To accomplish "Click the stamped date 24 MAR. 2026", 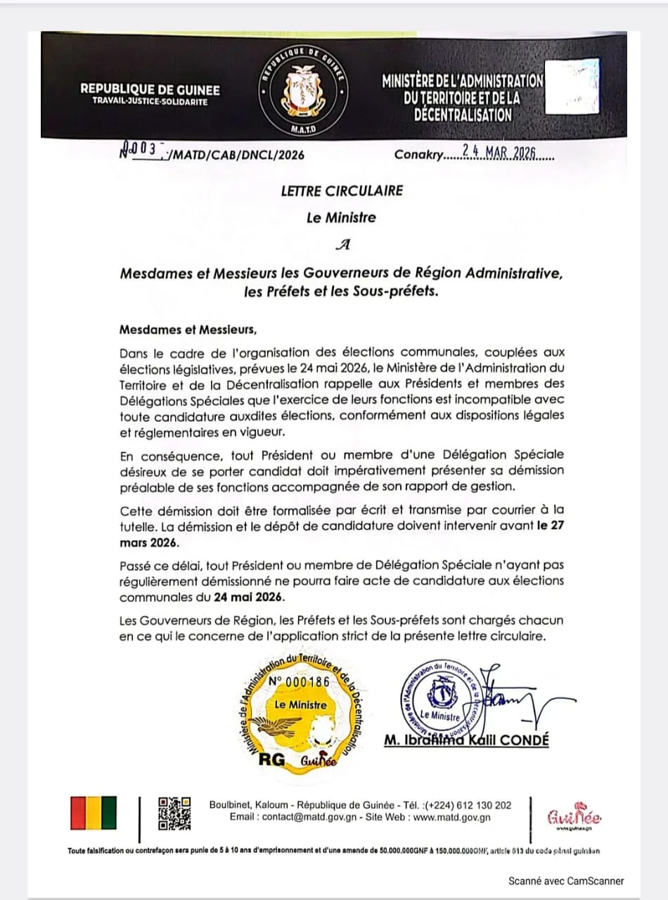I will click(x=500, y=154).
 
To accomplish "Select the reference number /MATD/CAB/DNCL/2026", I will click(x=233, y=155).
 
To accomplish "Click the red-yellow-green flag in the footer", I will click(x=94, y=814).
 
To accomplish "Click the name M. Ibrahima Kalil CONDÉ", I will click(x=466, y=740).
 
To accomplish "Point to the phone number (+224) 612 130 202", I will click(x=467, y=805).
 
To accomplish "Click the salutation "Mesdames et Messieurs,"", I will click(x=184, y=329).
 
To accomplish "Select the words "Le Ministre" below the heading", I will click(x=341, y=218).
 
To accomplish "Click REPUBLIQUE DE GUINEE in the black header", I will click(x=150, y=89).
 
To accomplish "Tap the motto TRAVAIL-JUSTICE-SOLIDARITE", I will click(x=150, y=101).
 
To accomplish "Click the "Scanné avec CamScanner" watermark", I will click(x=566, y=880).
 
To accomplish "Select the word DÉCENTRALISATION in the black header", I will click(x=462, y=115).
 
